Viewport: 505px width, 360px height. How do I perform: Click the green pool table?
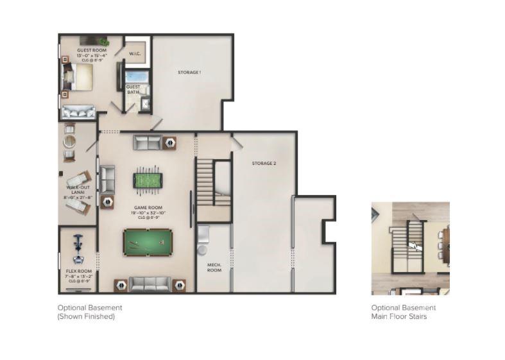(148, 242)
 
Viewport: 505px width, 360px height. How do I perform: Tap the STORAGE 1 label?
(189, 73)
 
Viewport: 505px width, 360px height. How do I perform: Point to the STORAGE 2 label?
(263, 164)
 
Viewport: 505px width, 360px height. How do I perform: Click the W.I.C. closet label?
(135, 54)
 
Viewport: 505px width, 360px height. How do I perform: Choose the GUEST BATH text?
(133, 89)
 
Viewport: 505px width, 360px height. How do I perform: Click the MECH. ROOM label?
(214, 268)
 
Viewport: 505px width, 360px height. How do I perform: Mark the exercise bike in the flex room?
(78, 249)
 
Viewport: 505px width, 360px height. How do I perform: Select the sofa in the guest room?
(78, 112)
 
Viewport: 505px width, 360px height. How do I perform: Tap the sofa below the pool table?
(150, 283)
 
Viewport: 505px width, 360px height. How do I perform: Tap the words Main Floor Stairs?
(399, 316)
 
